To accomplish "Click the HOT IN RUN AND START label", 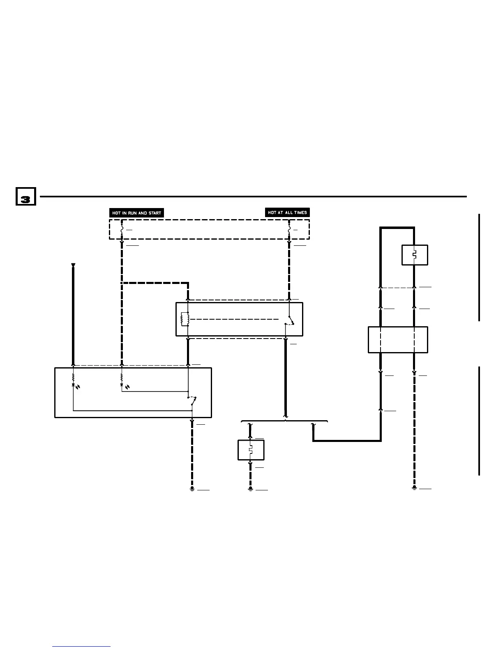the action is coord(136,213).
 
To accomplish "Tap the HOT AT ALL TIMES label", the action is coord(287,213).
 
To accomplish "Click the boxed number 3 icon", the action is coord(25,197).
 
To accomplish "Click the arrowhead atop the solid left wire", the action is coord(73,265).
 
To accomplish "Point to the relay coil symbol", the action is coord(185,319).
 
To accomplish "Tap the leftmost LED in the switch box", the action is coord(73,385).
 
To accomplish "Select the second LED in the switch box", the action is coord(122,385).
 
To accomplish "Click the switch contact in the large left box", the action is coord(192,401).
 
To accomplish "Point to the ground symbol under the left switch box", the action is coord(192,488).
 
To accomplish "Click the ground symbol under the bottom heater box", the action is coord(250,488).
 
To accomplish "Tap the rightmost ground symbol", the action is coord(414,487).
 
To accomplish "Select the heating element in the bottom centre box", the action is coord(250,450).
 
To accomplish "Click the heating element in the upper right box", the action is coord(414,255).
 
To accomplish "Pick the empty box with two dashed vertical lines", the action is coord(397,339).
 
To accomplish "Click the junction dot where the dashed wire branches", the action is coord(122,283).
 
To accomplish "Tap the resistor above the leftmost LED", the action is coord(73,376).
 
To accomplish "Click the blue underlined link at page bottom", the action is coord(81,646).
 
